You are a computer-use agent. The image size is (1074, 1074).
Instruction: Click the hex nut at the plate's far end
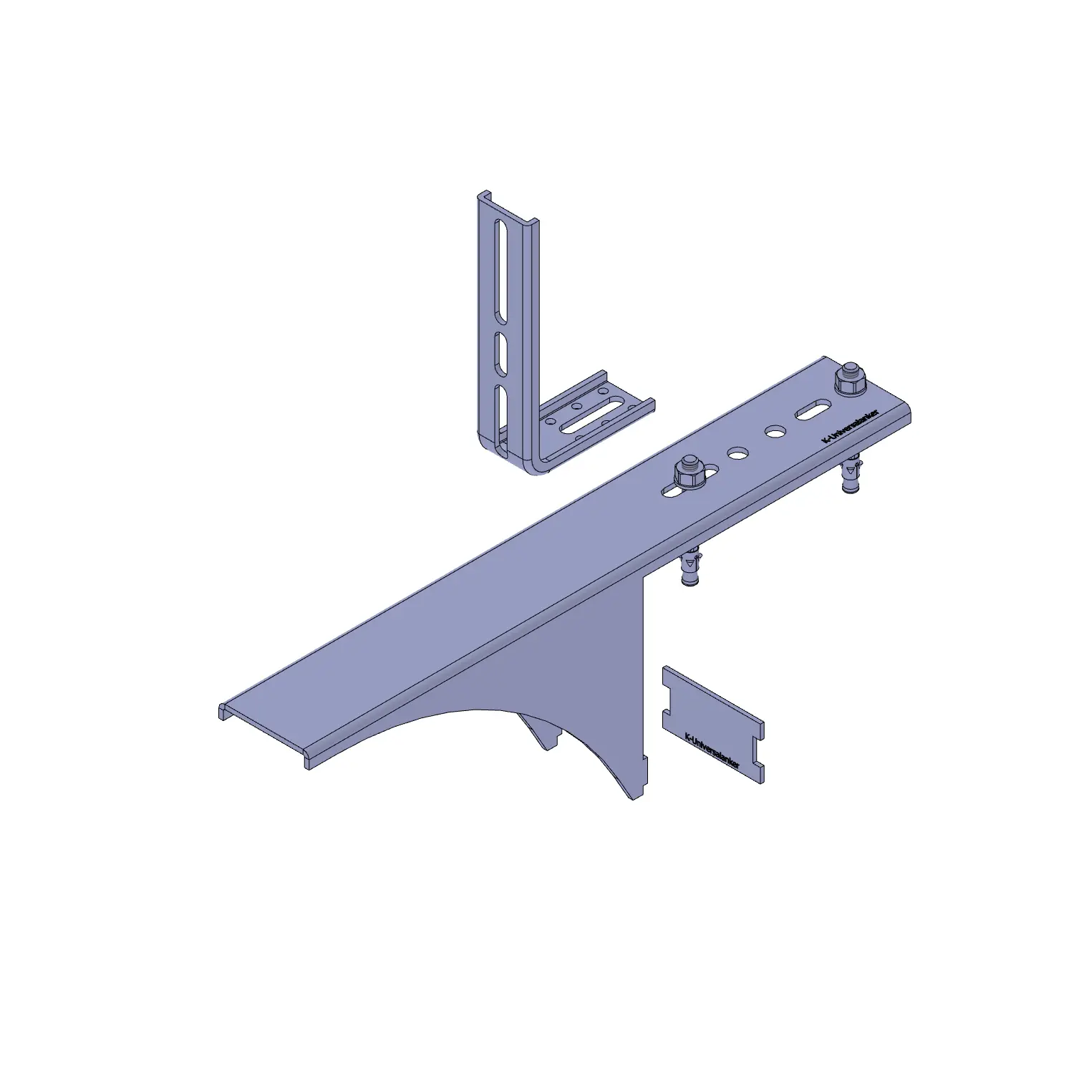851,379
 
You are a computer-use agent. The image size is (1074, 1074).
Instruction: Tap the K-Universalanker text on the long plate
851,427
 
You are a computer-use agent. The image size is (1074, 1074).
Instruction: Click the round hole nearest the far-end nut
775,432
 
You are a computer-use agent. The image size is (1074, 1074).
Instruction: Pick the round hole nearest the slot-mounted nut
737,453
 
